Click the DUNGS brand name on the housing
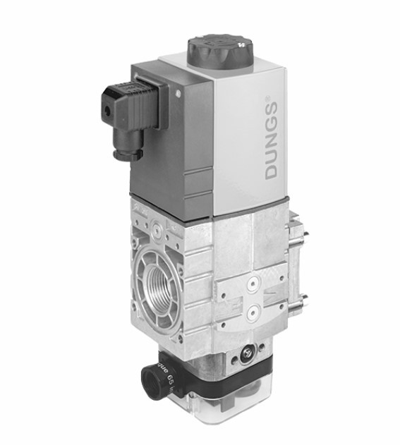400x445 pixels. click(x=271, y=141)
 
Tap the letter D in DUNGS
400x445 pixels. click(x=272, y=172)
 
